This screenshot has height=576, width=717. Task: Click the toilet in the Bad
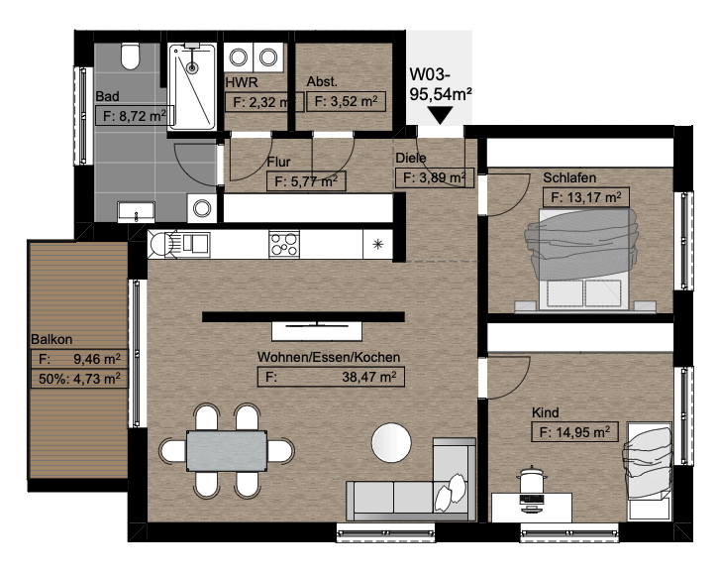click(x=131, y=57)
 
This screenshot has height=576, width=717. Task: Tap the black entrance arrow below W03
click(x=440, y=115)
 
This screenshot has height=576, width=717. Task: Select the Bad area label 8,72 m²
click(x=135, y=115)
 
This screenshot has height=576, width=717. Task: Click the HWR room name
click(x=242, y=82)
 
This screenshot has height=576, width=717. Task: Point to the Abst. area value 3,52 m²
click(x=347, y=101)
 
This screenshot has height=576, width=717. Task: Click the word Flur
click(x=278, y=162)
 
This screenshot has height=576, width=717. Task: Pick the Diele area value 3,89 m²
click(x=434, y=177)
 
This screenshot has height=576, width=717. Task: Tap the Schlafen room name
click(x=569, y=177)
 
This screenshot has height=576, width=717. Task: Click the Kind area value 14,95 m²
click(x=574, y=432)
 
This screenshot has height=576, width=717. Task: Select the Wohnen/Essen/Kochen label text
click(x=329, y=357)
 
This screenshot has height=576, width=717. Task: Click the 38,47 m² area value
click(x=369, y=377)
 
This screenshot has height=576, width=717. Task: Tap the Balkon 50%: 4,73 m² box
click(x=79, y=379)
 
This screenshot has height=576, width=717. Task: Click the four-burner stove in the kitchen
click(x=284, y=244)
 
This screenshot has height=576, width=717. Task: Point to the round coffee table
click(x=391, y=443)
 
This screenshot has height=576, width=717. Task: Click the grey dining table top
click(x=227, y=451)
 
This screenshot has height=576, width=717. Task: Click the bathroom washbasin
click(x=137, y=211)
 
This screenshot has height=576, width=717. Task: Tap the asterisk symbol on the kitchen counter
click(x=377, y=244)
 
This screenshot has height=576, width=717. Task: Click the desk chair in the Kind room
click(x=532, y=481)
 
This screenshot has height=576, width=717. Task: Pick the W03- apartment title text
click(x=430, y=74)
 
